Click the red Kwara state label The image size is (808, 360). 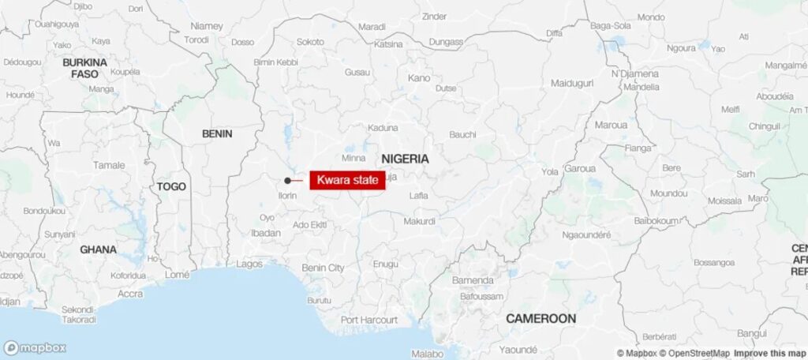click(347, 180)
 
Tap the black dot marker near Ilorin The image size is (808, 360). click(287, 181)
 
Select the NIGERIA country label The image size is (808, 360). click(406, 159)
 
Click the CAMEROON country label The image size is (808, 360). click(541, 318)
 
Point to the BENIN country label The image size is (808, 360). click(217, 133)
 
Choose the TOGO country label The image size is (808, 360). click(171, 186)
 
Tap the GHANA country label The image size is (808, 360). click(98, 249)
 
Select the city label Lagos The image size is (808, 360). click(249, 264)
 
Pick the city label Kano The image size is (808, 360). click(419, 78)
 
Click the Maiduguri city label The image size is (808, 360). click(570, 83)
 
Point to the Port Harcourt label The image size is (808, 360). click(369, 320)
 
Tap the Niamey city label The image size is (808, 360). click(207, 26)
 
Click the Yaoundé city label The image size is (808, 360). click(518, 349)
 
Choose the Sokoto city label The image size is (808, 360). click(310, 41)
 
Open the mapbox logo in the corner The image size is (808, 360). click(35, 347)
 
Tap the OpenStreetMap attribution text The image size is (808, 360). click(695, 353)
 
